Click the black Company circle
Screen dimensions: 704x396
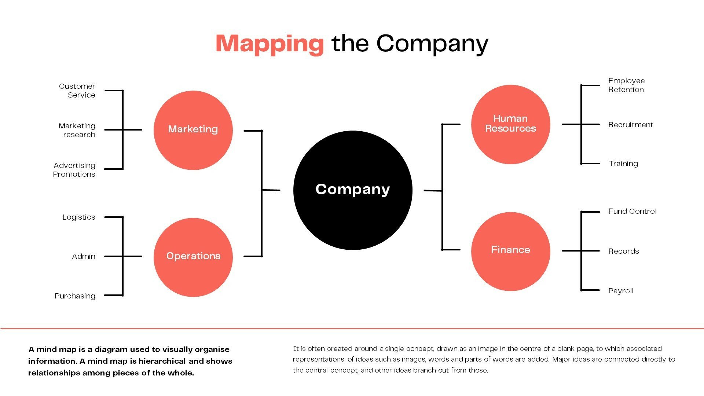[x=353, y=190]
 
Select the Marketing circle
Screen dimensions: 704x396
[x=193, y=130]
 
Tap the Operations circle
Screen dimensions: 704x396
[x=193, y=257]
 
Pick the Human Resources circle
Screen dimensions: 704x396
[x=511, y=124]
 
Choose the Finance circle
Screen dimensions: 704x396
[x=511, y=252]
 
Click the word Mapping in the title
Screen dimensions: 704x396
[x=269, y=44]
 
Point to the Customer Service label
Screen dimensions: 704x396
[x=77, y=91]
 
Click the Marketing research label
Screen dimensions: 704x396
[x=77, y=130]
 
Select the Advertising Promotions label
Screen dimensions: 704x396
[x=74, y=170]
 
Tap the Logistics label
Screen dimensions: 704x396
[x=79, y=217]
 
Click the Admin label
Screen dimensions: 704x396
[x=84, y=256]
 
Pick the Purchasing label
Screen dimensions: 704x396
[x=75, y=296]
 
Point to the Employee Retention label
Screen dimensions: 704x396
[x=627, y=85]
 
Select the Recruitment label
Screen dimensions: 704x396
[x=631, y=125]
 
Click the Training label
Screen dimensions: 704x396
[x=623, y=164]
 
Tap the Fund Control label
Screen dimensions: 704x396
[x=632, y=211]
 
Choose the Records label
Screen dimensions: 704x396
[x=624, y=251]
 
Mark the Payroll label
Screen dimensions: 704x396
[x=621, y=291]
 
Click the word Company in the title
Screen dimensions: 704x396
[x=432, y=44]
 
